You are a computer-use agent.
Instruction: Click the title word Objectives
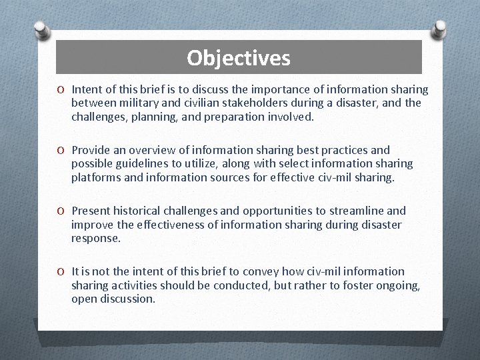pyautogui.click(x=239, y=58)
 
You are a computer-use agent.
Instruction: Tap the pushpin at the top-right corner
pyautogui.click(x=439, y=29)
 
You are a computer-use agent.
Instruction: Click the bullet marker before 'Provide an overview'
pyautogui.click(x=61, y=150)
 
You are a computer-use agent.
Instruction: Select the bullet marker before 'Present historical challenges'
pyautogui.click(x=61, y=211)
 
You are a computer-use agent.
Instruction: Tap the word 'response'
pyautogui.click(x=95, y=238)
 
